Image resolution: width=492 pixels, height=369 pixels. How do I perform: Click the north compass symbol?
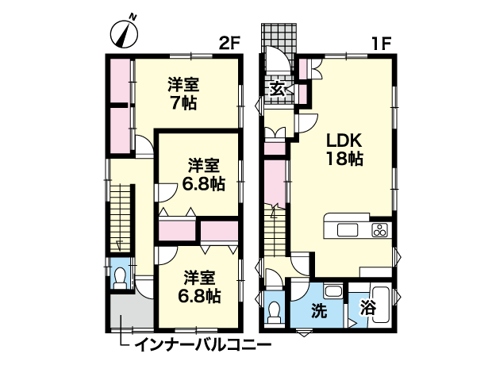click(x=125, y=34)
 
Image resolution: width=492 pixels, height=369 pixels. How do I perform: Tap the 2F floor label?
click(x=229, y=44)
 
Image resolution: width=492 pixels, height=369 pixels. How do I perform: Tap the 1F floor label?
click(x=381, y=44)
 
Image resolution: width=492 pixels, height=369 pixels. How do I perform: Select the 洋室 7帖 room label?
click(x=183, y=94)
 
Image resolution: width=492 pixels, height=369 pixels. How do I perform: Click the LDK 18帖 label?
click(x=344, y=150)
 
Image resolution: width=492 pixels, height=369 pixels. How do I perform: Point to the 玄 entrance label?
click(x=279, y=90)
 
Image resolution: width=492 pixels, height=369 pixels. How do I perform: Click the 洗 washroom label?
click(x=319, y=310)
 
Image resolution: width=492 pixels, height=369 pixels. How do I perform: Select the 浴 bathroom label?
click(x=367, y=308)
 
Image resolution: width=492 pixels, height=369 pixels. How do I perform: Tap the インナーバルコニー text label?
click(x=203, y=345)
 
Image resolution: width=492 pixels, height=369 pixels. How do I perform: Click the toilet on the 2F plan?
click(x=120, y=279)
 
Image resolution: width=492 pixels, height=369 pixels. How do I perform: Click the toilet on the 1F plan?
click(x=275, y=313)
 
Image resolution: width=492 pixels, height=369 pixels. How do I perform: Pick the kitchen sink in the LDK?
click(x=348, y=229)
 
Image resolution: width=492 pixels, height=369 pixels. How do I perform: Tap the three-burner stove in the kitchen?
click(x=379, y=230)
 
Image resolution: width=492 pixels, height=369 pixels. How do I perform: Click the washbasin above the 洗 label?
click(x=334, y=291)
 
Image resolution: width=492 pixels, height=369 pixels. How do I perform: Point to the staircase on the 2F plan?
click(x=120, y=218)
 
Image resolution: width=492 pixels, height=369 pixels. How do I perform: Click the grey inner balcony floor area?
click(x=131, y=311)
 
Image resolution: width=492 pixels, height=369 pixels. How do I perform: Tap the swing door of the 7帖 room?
click(x=144, y=146)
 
